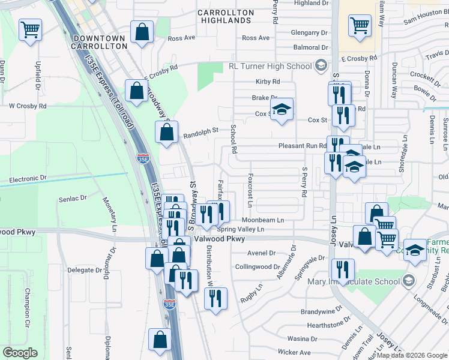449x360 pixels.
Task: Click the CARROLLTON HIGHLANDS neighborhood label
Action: click(224, 16)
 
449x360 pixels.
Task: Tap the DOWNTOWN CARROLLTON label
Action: click(98, 42)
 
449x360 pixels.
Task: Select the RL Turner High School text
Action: click(269, 66)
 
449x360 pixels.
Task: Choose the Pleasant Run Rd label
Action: click(302, 146)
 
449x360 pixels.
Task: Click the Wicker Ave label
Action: click(294, 352)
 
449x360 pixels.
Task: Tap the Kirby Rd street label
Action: click(268, 82)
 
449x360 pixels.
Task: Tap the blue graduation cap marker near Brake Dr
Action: click(281, 109)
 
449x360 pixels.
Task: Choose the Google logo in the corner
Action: click(20, 353)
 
